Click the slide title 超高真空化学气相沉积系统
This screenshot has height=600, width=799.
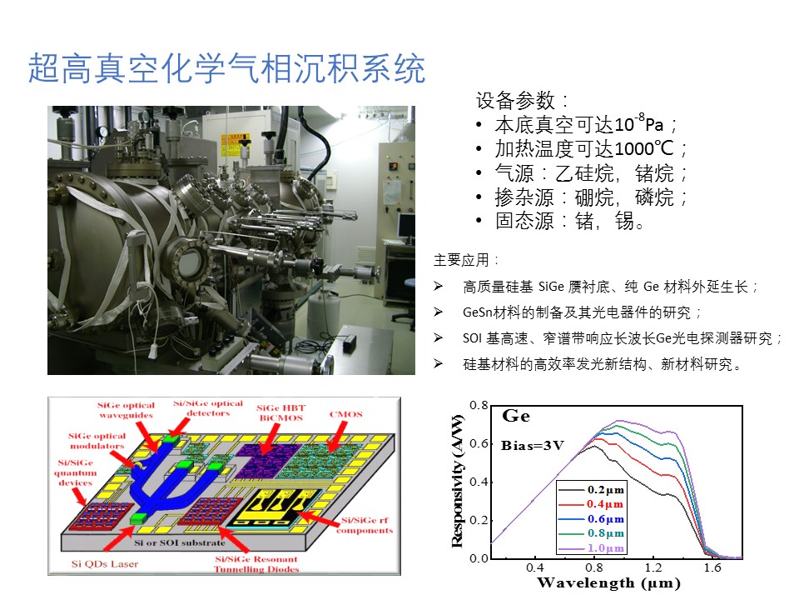pos(226,68)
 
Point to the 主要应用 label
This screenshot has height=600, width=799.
pos(466,260)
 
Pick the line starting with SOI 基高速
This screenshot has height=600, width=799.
pos(622,337)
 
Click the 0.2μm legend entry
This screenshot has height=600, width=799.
pos(592,490)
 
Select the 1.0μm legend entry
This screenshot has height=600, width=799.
pos(592,548)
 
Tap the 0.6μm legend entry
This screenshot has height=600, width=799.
pos(592,519)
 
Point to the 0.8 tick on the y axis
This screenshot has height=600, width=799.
pos(479,405)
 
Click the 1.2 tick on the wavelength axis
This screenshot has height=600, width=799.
pos(653,567)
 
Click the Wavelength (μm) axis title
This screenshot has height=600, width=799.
pos(608,583)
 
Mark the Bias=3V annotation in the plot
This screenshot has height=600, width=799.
pos(533,445)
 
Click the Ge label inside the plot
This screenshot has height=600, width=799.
pos(516,416)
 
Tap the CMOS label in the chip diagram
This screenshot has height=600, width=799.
pos(346,414)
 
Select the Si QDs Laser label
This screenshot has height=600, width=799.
pos(105,564)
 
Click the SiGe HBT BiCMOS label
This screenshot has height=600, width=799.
pos(280,412)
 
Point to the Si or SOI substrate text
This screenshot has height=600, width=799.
pos(180,542)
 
